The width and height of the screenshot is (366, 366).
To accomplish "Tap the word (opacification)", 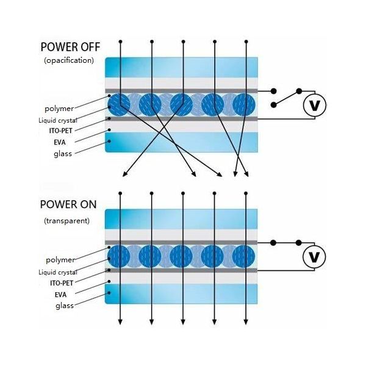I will click(68, 60).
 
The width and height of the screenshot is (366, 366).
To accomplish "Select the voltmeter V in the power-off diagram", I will click(315, 106).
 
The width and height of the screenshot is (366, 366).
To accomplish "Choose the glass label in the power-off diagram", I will click(62, 153).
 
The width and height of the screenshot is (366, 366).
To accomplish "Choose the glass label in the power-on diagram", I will click(64, 305).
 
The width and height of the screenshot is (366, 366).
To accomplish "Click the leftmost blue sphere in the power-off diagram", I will click(119, 104).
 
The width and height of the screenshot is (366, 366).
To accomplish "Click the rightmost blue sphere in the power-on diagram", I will click(243, 256).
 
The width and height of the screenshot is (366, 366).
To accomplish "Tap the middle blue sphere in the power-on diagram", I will click(181, 256).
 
